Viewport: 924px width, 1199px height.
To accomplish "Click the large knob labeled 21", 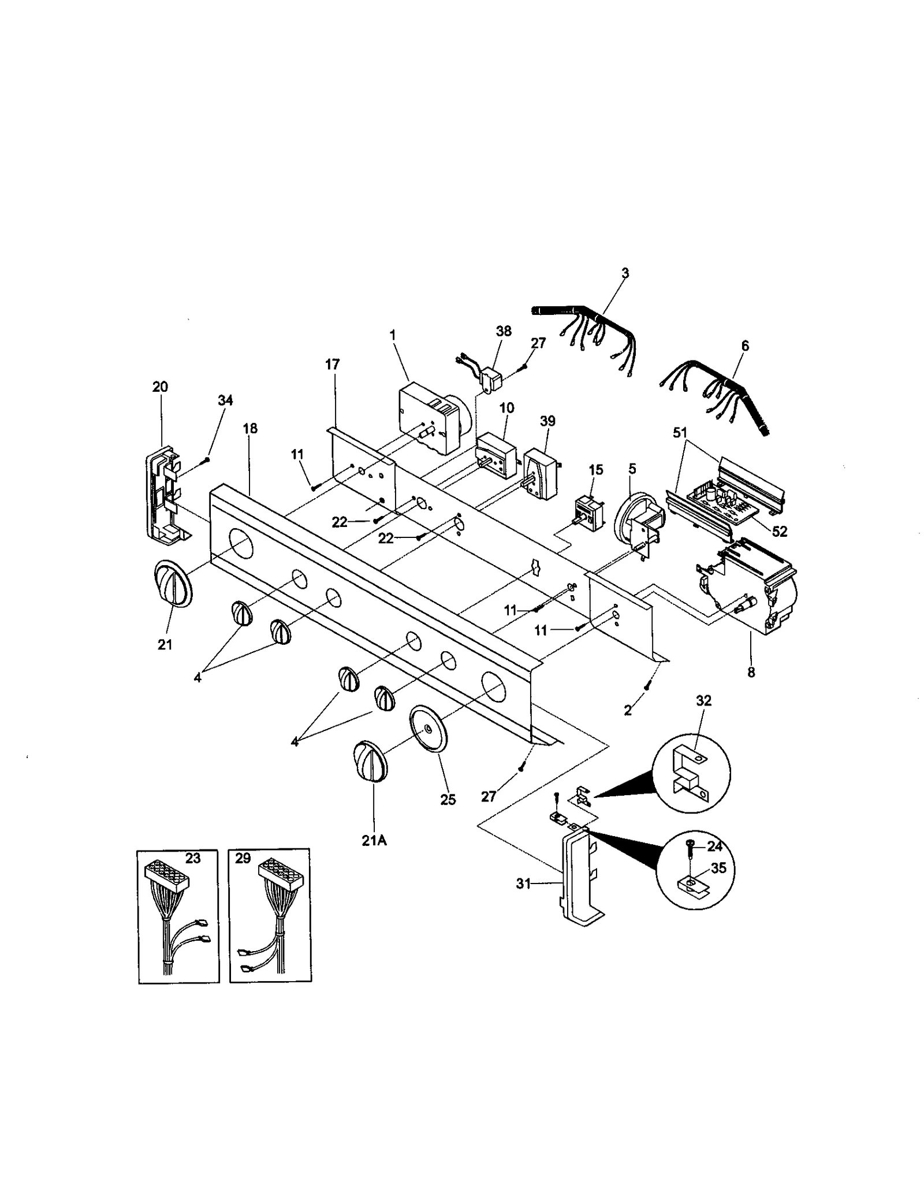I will pos(172,584).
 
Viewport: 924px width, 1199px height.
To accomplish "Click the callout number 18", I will pos(250,428).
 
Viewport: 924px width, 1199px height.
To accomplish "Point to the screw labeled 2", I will pos(647,685).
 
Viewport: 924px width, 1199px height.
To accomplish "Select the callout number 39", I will pos(547,421).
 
